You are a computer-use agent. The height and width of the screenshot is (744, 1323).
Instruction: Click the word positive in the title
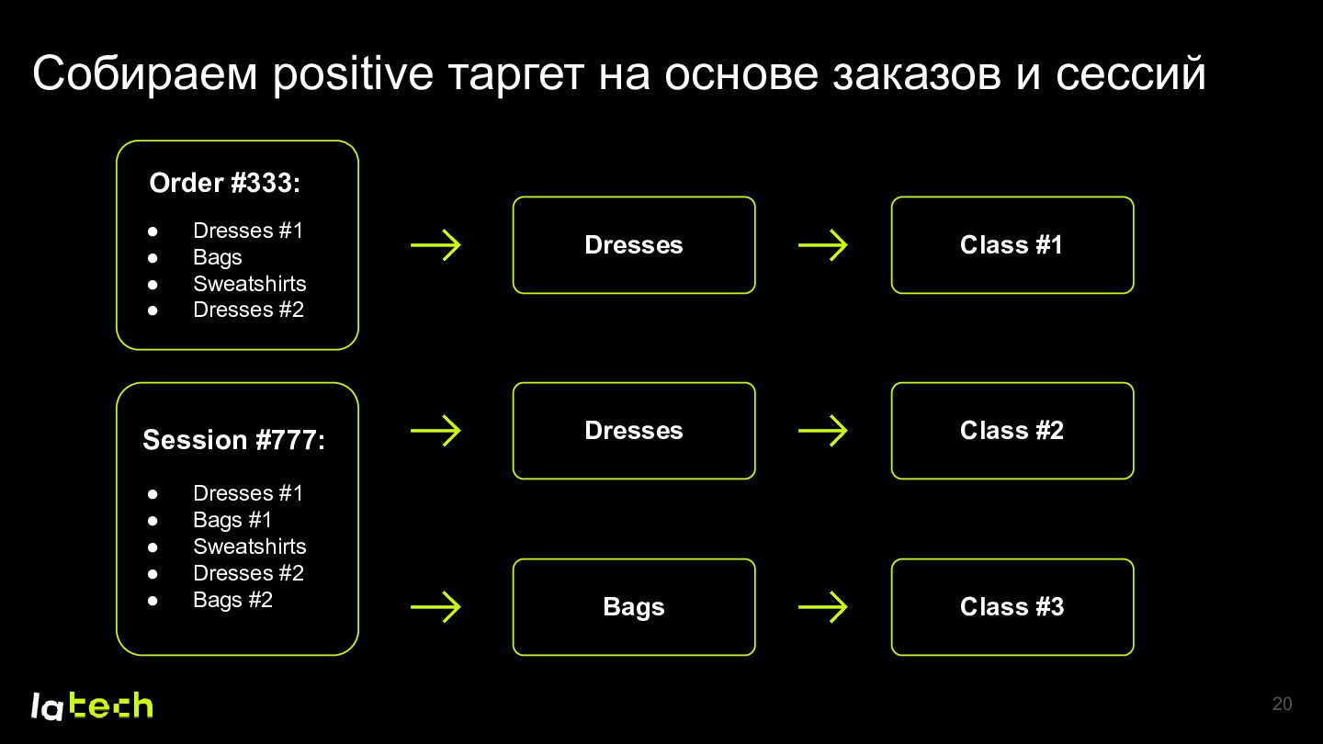[353, 74]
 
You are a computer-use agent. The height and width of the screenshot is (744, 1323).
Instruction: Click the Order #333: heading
[224, 183]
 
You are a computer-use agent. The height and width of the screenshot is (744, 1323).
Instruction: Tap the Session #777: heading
[234, 440]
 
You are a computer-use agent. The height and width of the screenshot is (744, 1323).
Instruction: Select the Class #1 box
[1012, 245]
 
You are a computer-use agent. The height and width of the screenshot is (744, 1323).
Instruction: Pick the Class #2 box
[1012, 431]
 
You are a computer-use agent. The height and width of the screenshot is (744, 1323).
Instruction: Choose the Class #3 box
[1012, 607]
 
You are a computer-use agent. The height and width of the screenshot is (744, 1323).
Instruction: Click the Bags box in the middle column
[634, 607]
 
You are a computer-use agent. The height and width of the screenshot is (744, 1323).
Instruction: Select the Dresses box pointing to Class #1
[634, 245]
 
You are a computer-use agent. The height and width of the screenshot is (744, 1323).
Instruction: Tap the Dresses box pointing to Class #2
[634, 431]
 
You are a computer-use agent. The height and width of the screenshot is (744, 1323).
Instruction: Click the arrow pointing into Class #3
[823, 607]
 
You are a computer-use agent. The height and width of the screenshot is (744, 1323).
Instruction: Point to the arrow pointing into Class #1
[823, 245]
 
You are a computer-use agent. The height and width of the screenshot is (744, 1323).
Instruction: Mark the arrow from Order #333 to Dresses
[435, 245]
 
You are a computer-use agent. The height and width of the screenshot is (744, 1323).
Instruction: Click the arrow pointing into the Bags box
[435, 607]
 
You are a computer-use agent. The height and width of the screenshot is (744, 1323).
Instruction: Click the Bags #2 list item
[232, 600]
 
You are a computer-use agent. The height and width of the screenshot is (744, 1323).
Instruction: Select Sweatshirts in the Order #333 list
[249, 284]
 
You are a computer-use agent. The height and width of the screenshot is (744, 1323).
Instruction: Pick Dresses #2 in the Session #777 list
[248, 573]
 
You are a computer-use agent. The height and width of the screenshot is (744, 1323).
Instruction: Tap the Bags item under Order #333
[218, 257]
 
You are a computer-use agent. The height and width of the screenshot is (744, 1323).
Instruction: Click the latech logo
[92, 705]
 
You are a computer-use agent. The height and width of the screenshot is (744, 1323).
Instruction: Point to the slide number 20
[1282, 704]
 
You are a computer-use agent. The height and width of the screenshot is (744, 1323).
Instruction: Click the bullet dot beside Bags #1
[153, 521]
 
